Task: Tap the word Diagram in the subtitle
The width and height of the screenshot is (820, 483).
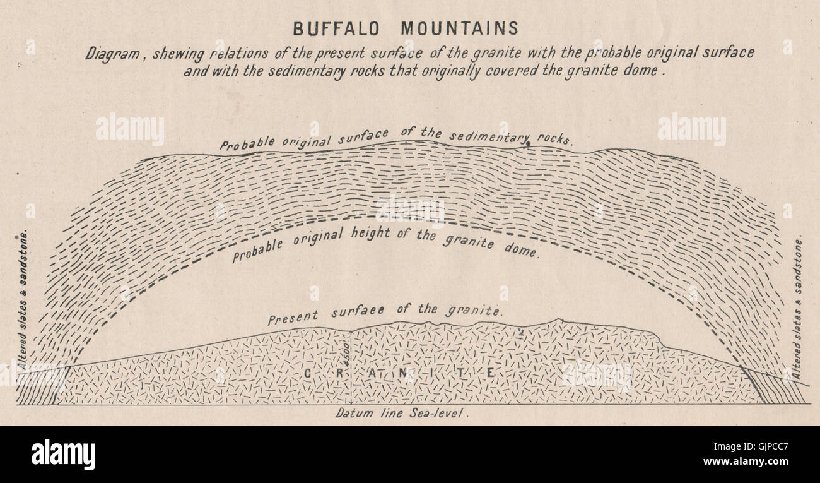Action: pyautogui.click(x=112, y=54)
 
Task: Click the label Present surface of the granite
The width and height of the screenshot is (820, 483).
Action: pyautogui.click(x=385, y=313)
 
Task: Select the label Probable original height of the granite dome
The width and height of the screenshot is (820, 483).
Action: pyautogui.click(x=385, y=245)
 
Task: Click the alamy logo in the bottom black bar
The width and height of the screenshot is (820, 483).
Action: pyautogui.click(x=63, y=455)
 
